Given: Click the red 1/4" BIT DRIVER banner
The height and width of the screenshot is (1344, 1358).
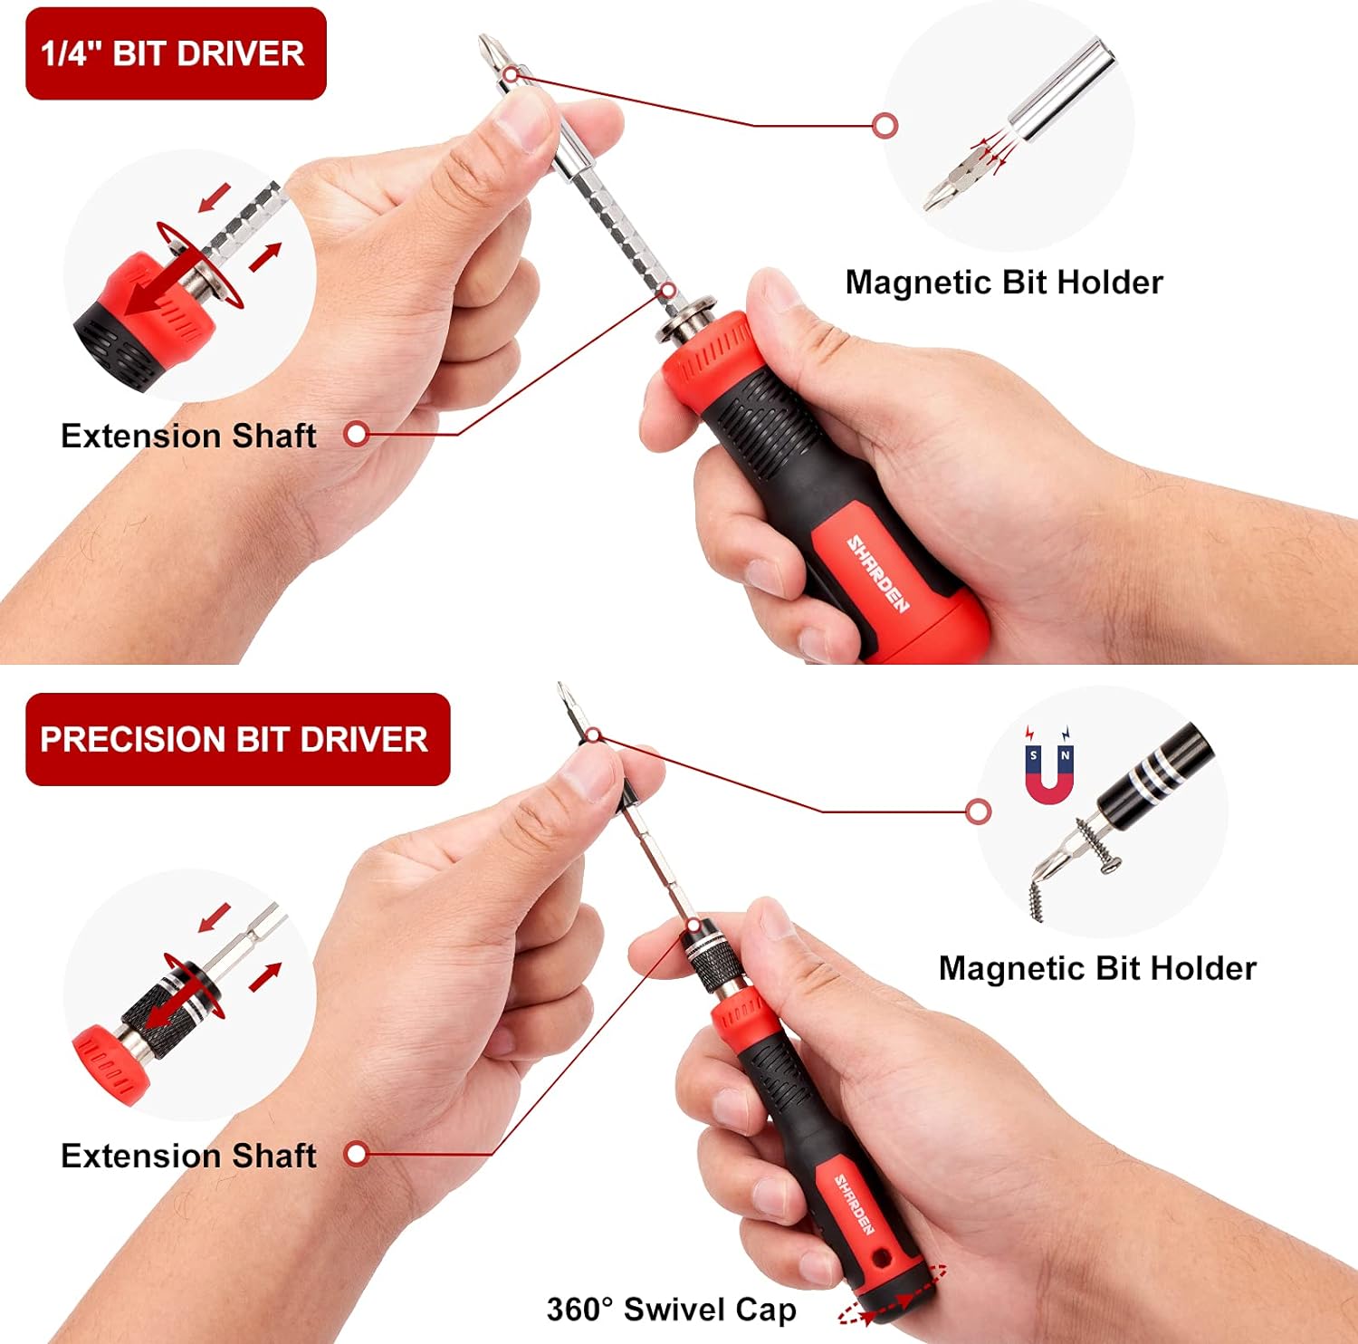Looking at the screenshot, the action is point(176,53).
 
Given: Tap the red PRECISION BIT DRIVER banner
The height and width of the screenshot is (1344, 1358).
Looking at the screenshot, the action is point(237,739).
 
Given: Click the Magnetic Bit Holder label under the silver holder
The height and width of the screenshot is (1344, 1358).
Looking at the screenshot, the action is point(1004,283).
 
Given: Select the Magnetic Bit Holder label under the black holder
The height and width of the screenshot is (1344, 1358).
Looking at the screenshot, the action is point(1097,968).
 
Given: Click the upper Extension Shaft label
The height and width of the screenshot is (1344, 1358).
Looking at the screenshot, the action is point(188,436).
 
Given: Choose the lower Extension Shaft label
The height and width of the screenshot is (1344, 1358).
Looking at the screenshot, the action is point(188,1156).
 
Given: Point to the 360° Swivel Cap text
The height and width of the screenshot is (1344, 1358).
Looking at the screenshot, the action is point(671,1310).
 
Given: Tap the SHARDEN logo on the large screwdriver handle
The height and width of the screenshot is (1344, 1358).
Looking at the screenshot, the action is point(877,573).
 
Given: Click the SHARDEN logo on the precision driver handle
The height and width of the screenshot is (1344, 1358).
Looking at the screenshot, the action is point(854,1205).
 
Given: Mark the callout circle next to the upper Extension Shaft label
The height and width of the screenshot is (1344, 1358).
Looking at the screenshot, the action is point(357,434).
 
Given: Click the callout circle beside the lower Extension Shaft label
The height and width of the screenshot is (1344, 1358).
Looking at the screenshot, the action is point(357,1154).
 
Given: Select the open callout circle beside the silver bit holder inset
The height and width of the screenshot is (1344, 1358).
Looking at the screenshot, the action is point(885,125).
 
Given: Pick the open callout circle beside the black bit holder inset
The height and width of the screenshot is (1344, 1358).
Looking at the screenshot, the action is point(978,811).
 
